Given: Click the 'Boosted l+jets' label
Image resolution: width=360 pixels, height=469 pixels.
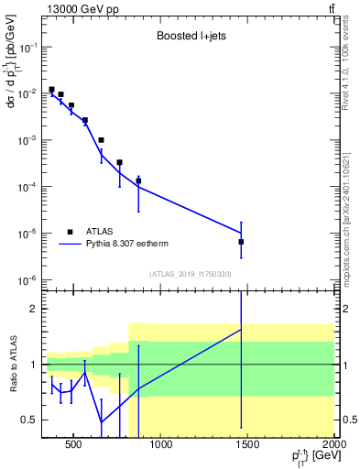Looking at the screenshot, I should pos(191,38).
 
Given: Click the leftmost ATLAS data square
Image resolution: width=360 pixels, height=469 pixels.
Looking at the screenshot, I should pos(51,90).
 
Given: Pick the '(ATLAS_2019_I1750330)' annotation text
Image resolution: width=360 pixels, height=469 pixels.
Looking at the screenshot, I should pos(190,273).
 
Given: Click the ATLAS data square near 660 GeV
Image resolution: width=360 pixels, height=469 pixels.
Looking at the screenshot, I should pos(101,140).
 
